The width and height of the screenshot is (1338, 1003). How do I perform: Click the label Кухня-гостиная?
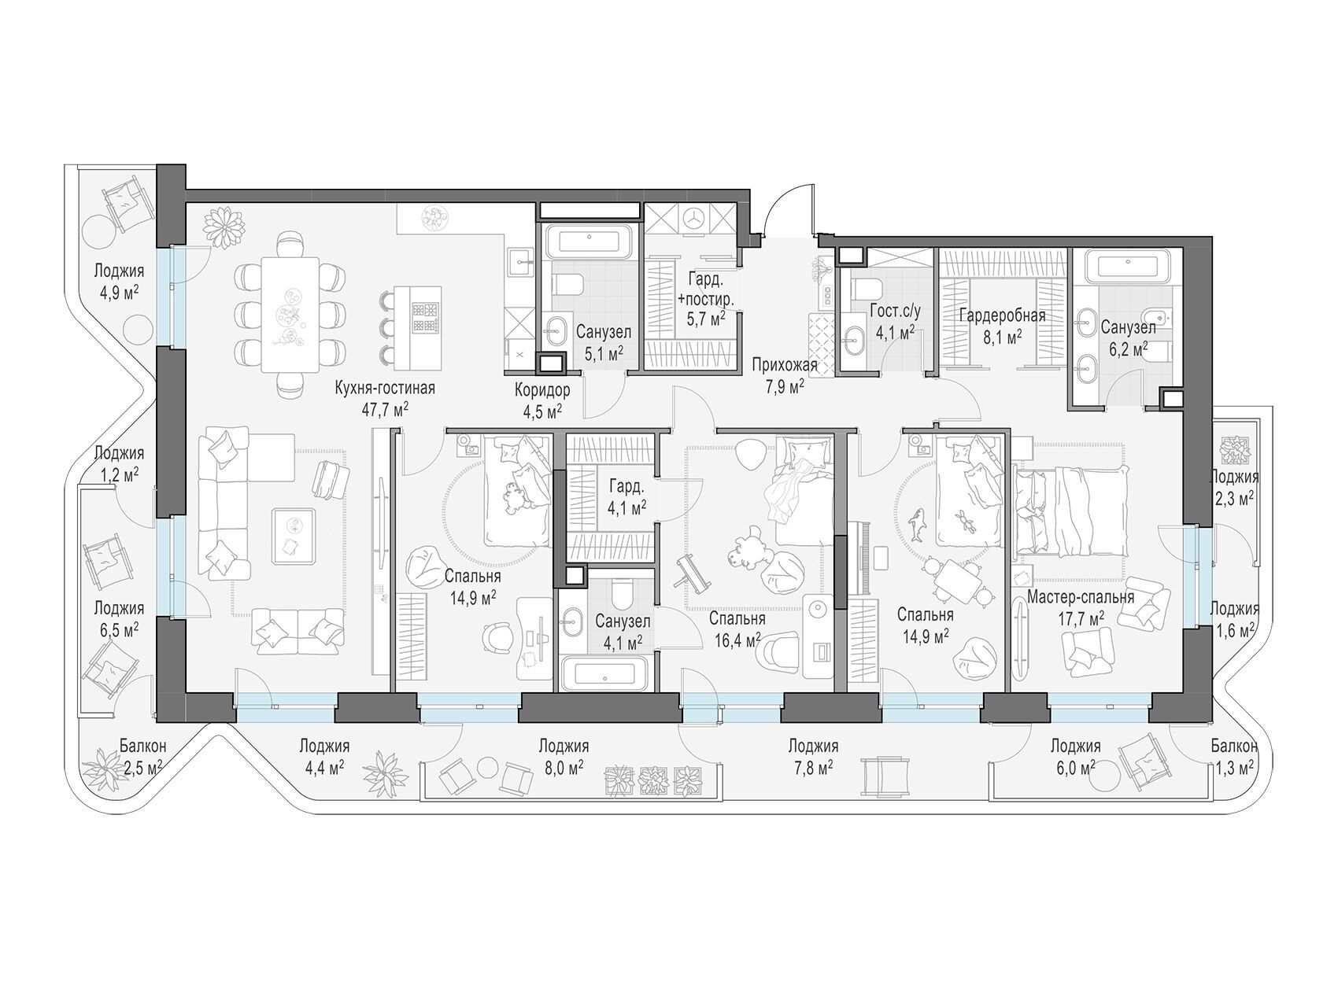[x=384, y=388]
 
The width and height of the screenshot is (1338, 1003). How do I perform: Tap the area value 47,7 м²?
[x=384, y=409]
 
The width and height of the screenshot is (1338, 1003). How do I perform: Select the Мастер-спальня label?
[x=1081, y=597]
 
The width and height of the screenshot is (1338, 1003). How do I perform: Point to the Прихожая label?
[x=784, y=365]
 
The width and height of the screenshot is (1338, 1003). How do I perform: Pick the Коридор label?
[x=542, y=390]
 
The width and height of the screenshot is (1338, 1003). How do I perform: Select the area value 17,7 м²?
[x=1081, y=618]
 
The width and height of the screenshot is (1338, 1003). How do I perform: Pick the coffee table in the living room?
[x=294, y=536]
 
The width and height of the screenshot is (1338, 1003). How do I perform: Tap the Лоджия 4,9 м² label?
[x=119, y=281]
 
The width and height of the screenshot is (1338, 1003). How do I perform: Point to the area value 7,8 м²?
[x=812, y=767]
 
